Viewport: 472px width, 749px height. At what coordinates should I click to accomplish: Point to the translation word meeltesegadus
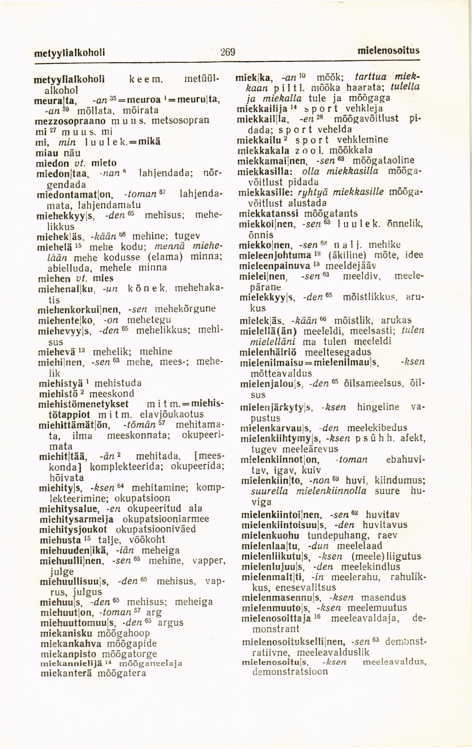(339, 352)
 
